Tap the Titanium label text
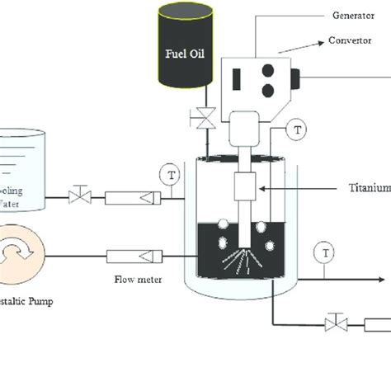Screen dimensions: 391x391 pos(368,188)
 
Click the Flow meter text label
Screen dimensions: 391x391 pos(138,280)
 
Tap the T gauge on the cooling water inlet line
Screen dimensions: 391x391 pos(171,175)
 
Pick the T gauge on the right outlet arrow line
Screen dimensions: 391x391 pos(328,252)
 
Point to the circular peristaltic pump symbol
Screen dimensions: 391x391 pos(19,257)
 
